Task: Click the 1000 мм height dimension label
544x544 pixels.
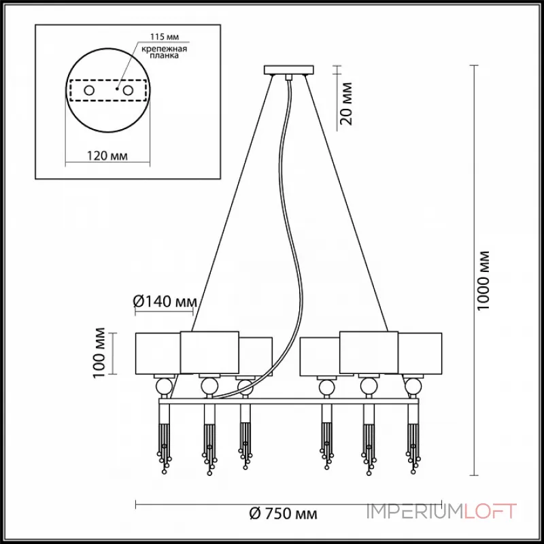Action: pos(483,280)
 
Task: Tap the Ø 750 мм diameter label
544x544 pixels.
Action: pos(283,513)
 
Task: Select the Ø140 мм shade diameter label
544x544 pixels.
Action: pos(165,301)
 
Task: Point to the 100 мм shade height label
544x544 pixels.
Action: pos(99,353)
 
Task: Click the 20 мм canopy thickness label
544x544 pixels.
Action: pos(346,103)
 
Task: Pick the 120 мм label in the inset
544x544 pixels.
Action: pos(107,156)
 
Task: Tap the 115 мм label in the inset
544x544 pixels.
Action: pos(165,37)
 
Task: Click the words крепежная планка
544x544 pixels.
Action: pos(164,52)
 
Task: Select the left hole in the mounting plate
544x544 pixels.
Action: pos(89,91)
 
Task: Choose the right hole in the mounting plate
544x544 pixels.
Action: pos(128,91)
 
